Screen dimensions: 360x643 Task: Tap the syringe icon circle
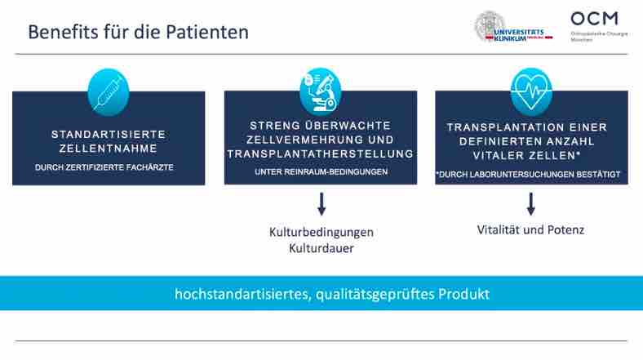[x=108, y=91]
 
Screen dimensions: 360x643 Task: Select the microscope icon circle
[x=320, y=91]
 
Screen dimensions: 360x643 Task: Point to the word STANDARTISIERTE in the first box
[x=109, y=134]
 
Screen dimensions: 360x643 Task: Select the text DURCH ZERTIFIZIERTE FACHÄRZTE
[x=109, y=167]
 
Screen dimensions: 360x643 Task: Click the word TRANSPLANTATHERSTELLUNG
[x=321, y=153]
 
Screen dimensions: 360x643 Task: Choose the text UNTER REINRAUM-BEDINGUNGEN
[x=321, y=172]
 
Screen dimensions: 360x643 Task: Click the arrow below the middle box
[x=321, y=204]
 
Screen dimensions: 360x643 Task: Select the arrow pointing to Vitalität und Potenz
[x=531, y=204]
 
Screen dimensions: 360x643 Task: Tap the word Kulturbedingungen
[x=321, y=232]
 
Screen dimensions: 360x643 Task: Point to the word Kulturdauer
[x=321, y=247]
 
